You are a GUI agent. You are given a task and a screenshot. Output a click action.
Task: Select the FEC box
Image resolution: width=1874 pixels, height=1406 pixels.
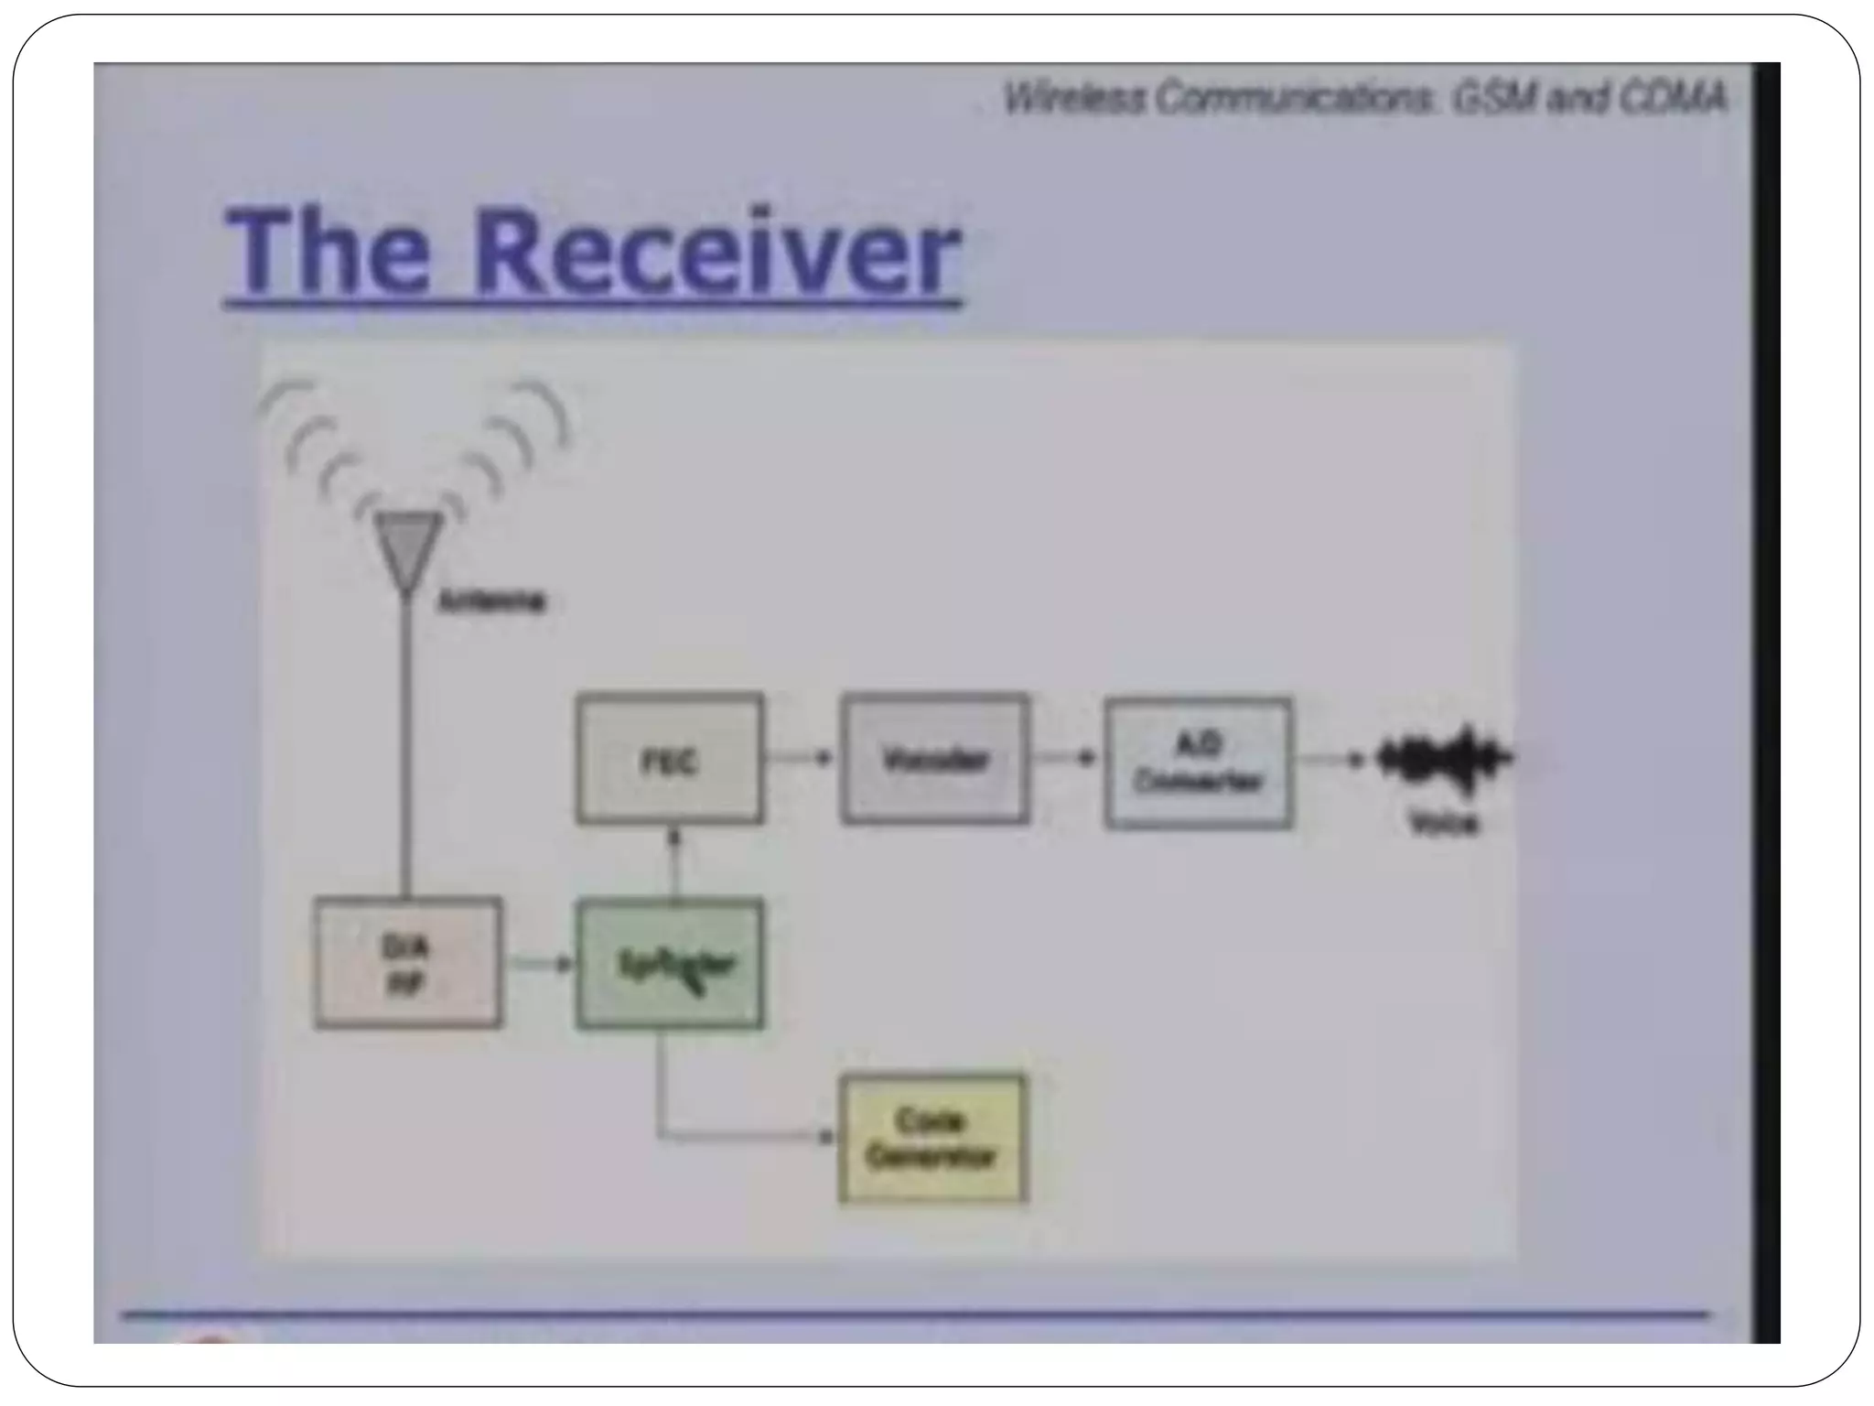click(670, 759)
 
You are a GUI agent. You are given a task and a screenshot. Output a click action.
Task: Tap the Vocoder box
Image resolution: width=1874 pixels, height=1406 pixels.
click(934, 759)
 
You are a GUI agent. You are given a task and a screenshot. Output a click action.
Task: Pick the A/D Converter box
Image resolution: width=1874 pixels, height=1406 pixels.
click(1199, 763)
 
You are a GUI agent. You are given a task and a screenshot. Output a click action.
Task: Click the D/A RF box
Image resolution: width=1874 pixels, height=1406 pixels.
click(407, 963)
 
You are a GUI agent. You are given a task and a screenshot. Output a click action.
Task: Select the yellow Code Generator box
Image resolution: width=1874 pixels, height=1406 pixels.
click(932, 1139)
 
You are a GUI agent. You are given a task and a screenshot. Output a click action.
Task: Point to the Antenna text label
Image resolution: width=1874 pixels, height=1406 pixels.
click(492, 601)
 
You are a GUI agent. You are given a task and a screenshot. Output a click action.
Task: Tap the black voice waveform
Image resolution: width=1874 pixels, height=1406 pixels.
click(1444, 759)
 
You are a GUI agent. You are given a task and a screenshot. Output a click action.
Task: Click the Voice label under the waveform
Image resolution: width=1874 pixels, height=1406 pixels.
click(1444, 824)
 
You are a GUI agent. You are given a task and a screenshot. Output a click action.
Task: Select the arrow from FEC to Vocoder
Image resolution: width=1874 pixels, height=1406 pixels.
click(800, 758)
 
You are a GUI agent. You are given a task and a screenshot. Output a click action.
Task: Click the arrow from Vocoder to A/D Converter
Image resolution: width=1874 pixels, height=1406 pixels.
click(1065, 758)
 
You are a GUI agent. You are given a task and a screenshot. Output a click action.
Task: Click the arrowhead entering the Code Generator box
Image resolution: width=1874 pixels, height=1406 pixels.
click(827, 1137)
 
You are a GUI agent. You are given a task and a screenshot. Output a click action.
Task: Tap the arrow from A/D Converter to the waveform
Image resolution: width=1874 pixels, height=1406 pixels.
click(1332, 759)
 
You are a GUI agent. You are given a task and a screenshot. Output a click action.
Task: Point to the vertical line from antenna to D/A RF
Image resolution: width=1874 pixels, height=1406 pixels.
click(406, 741)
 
